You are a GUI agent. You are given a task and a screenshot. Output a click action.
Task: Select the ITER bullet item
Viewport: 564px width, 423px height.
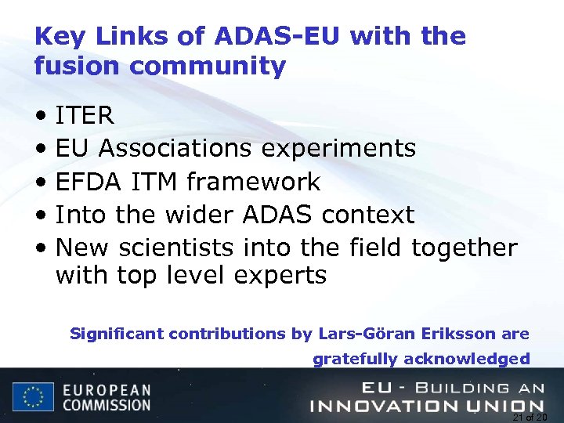[x=85, y=116]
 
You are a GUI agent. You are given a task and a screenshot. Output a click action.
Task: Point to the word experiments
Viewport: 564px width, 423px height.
[x=338, y=149]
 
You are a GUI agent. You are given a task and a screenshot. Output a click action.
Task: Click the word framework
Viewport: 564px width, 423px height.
[x=253, y=182]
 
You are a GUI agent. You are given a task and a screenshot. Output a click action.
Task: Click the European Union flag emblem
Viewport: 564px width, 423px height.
[x=33, y=396]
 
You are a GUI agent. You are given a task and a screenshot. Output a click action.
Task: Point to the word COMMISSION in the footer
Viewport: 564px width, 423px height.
[x=107, y=406]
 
